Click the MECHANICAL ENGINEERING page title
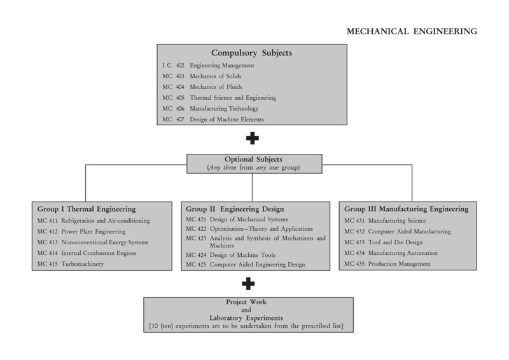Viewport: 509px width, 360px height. click(412, 32)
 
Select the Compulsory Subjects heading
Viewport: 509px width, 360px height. click(251, 53)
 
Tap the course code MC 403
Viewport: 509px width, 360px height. click(173, 76)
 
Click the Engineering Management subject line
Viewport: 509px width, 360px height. click(222, 66)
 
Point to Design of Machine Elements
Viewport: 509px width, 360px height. click(227, 120)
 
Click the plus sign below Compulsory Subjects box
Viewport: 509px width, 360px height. click(252, 138)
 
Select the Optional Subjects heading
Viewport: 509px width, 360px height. click(253, 160)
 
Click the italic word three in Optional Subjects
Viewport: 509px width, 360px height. click(230, 167)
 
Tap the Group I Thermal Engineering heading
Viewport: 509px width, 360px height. click(87, 209)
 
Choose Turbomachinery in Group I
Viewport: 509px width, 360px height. click(83, 264)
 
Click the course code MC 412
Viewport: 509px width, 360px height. click(47, 232)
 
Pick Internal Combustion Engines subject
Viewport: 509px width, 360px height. click(99, 253)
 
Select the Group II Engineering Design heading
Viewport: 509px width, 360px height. click(235, 209)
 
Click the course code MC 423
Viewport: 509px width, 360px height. click(196, 239)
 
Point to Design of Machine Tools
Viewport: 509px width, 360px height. click(242, 255)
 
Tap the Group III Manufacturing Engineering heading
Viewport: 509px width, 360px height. click(406, 209)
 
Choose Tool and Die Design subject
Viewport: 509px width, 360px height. click(395, 242)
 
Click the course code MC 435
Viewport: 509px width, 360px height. click(354, 264)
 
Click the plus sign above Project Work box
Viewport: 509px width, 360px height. click(248, 284)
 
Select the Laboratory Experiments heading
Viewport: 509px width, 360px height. click(246, 318)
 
